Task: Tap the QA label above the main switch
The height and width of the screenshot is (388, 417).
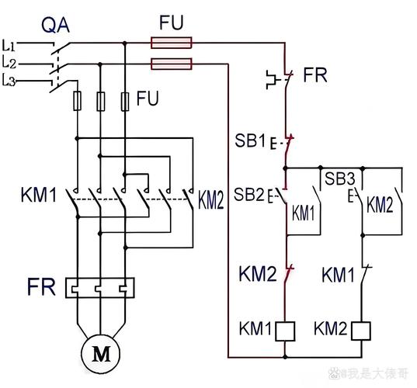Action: [x=55, y=26]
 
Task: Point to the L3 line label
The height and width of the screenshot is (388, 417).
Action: [x=10, y=80]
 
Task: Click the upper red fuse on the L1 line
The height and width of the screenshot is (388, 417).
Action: [x=172, y=44]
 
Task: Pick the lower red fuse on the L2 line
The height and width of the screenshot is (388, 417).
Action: [x=172, y=63]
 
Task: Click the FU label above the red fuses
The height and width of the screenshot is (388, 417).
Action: [x=172, y=23]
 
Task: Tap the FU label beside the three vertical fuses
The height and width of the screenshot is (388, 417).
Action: [x=150, y=99]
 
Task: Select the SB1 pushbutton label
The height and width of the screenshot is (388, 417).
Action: [x=249, y=142]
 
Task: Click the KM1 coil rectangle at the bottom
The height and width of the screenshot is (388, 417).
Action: [x=287, y=331]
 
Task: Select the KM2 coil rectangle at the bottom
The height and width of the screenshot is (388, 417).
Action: [x=362, y=331]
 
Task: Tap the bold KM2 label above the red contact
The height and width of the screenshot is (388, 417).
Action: [x=255, y=273]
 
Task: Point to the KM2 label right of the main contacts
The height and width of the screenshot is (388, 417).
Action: [x=210, y=201]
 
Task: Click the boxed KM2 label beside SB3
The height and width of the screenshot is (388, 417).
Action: [x=380, y=205]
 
